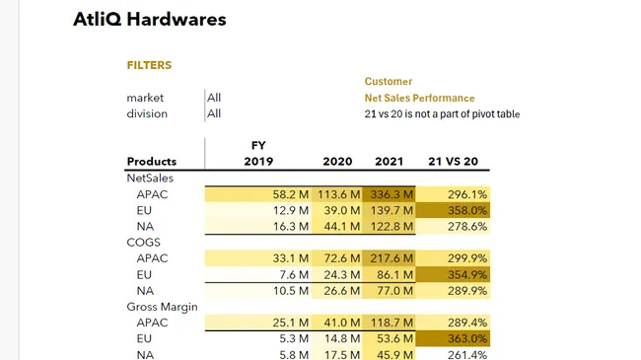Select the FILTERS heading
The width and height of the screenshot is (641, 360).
coord(149,65)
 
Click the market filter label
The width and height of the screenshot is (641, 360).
coord(145,98)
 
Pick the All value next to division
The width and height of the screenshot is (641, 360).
coord(214,113)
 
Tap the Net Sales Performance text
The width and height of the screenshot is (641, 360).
coord(419,98)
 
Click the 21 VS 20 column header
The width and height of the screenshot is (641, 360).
coord(452,162)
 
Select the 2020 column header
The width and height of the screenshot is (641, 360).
coord(337,162)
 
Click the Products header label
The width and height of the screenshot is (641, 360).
coord(152,162)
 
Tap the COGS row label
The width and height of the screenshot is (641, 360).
coord(144,242)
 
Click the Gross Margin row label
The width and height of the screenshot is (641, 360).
coord(162,307)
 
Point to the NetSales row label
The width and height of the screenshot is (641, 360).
coord(149,179)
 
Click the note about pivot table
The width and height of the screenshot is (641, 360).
coord(442,113)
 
